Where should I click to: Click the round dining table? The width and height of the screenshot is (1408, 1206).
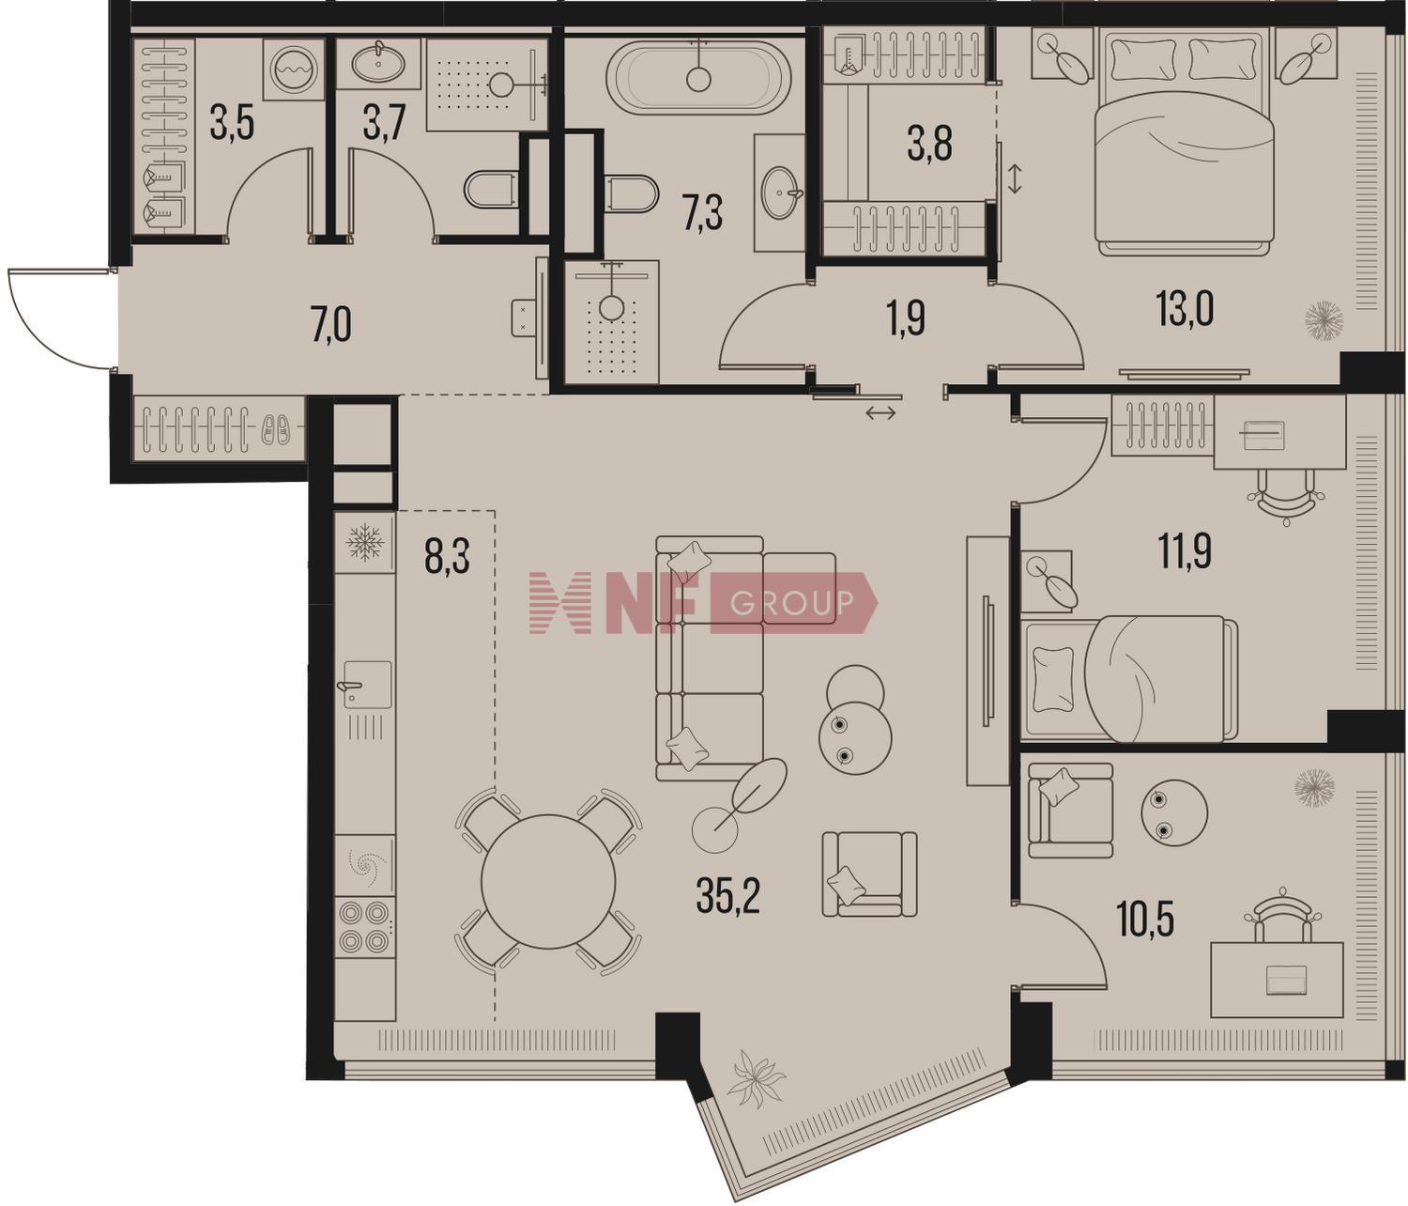[548, 881]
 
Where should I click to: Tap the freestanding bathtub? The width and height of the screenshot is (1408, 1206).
[698, 76]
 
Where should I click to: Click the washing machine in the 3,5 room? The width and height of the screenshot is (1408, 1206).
[293, 70]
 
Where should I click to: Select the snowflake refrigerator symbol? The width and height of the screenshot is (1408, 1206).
[366, 542]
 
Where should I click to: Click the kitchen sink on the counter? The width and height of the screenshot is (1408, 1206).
[366, 684]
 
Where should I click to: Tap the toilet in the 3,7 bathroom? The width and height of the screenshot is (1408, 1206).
[489, 189]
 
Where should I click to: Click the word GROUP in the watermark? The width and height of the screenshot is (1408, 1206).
[791, 603]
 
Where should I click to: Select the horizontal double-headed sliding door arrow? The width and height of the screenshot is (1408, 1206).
[880, 412]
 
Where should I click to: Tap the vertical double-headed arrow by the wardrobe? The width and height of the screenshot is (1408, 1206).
[1015, 178]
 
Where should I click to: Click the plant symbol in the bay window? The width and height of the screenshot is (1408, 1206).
[757, 1080]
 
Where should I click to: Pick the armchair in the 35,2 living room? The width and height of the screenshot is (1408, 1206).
[868, 874]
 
